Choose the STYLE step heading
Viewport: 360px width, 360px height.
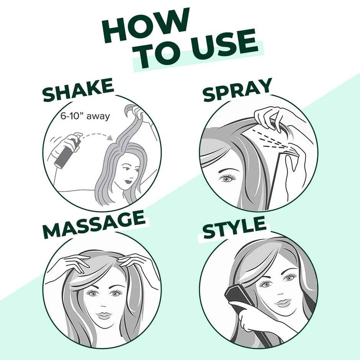click(x=234, y=229)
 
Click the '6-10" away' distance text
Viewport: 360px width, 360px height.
click(x=85, y=116)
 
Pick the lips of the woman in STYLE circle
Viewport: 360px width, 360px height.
click(x=284, y=303)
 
